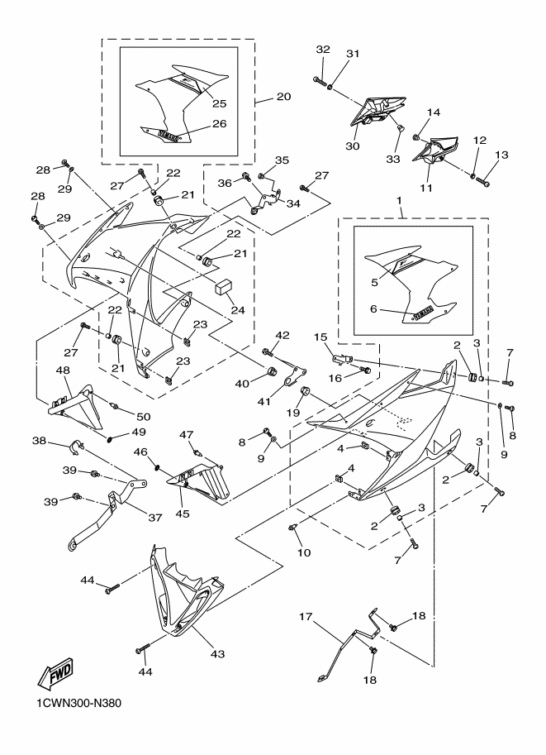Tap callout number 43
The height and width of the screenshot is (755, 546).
point(217,654)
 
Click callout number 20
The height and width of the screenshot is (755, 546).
point(282,97)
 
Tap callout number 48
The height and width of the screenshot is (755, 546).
point(62,371)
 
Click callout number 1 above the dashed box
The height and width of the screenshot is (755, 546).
point(399,202)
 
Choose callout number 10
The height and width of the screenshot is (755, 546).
point(304,552)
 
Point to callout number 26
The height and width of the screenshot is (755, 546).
point(219,123)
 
